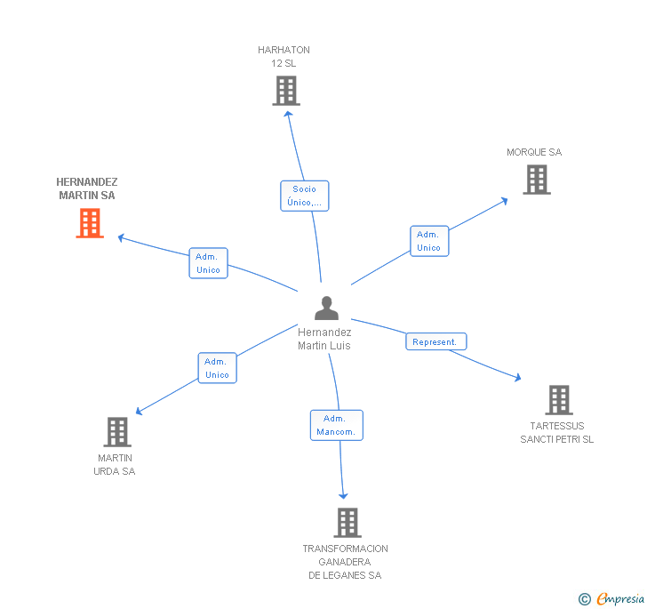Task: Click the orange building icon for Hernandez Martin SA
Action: [x=90, y=223]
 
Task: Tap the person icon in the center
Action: [x=326, y=309]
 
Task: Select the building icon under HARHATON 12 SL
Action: [x=285, y=91]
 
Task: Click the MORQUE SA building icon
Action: [x=536, y=180]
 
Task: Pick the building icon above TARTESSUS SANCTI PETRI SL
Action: [x=558, y=400]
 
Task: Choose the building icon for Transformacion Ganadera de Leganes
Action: [x=347, y=523]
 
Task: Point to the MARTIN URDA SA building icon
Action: [x=117, y=432]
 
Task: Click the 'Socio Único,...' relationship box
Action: [x=305, y=196]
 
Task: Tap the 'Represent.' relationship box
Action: [x=435, y=341]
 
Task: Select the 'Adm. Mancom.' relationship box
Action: [x=336, y=425]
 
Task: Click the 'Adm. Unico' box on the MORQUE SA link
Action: [x=429, y=241]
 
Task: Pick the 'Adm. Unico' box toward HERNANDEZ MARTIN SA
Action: [x=208, y=263]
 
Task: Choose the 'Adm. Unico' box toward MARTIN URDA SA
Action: [x=217, y=368]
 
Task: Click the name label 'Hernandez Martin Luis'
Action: [x=324, y=339]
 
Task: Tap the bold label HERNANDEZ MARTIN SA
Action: [x=87, y=188]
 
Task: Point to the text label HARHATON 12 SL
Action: [x=284, y=57]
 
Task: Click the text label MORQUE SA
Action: [x=534, y=152]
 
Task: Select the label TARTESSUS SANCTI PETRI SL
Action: [x=557, y=432]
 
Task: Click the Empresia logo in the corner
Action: [x=612, y=599]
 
